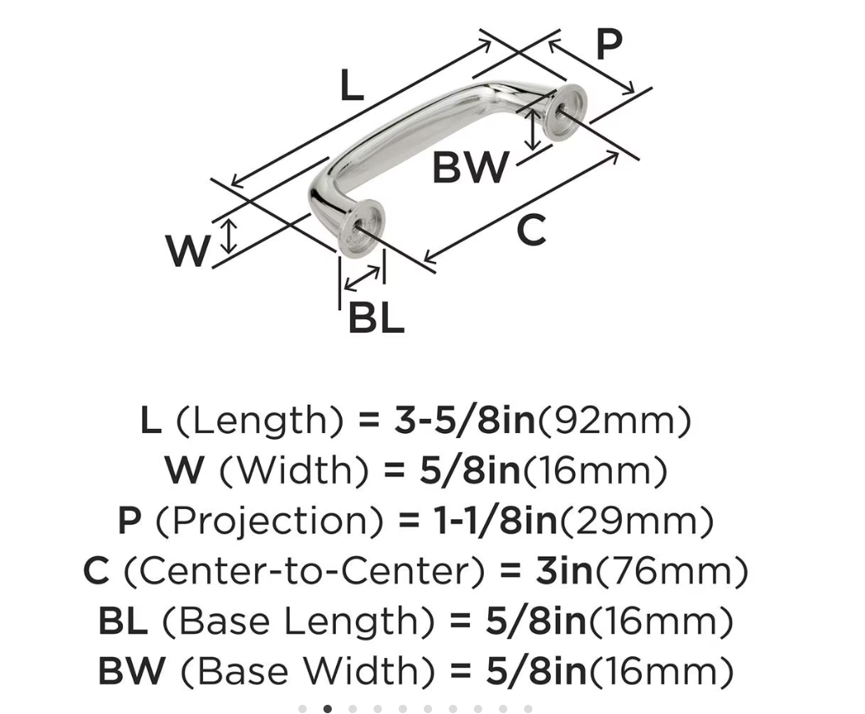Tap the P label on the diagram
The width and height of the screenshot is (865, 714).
coord(609,44)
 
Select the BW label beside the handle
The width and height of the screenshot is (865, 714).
coord(470,168)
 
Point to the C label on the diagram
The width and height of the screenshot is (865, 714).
coord(532,230)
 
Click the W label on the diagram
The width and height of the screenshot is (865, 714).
coord(188,251)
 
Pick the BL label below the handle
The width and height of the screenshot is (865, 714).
coord(376,318)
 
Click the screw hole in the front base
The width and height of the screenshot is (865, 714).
coord(359,227)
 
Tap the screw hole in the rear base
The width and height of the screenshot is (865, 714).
coord(560,110)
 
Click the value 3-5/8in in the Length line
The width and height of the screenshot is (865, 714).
coord(465,421)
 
